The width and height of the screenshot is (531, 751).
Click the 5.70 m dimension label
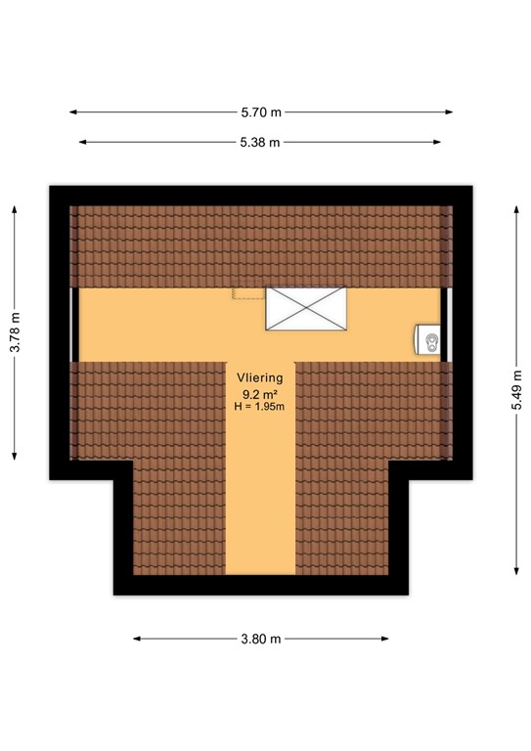click(x=260, y=112)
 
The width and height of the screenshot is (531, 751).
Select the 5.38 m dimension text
click(x=261, y=142)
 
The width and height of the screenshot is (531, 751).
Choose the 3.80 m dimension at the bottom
click(x=261, y=639)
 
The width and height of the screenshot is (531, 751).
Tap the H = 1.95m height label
click(x=259, y=407)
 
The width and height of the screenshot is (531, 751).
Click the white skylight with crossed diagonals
click(x=306, y=308)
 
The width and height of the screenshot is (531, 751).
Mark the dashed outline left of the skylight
click(x=248, y=293)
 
